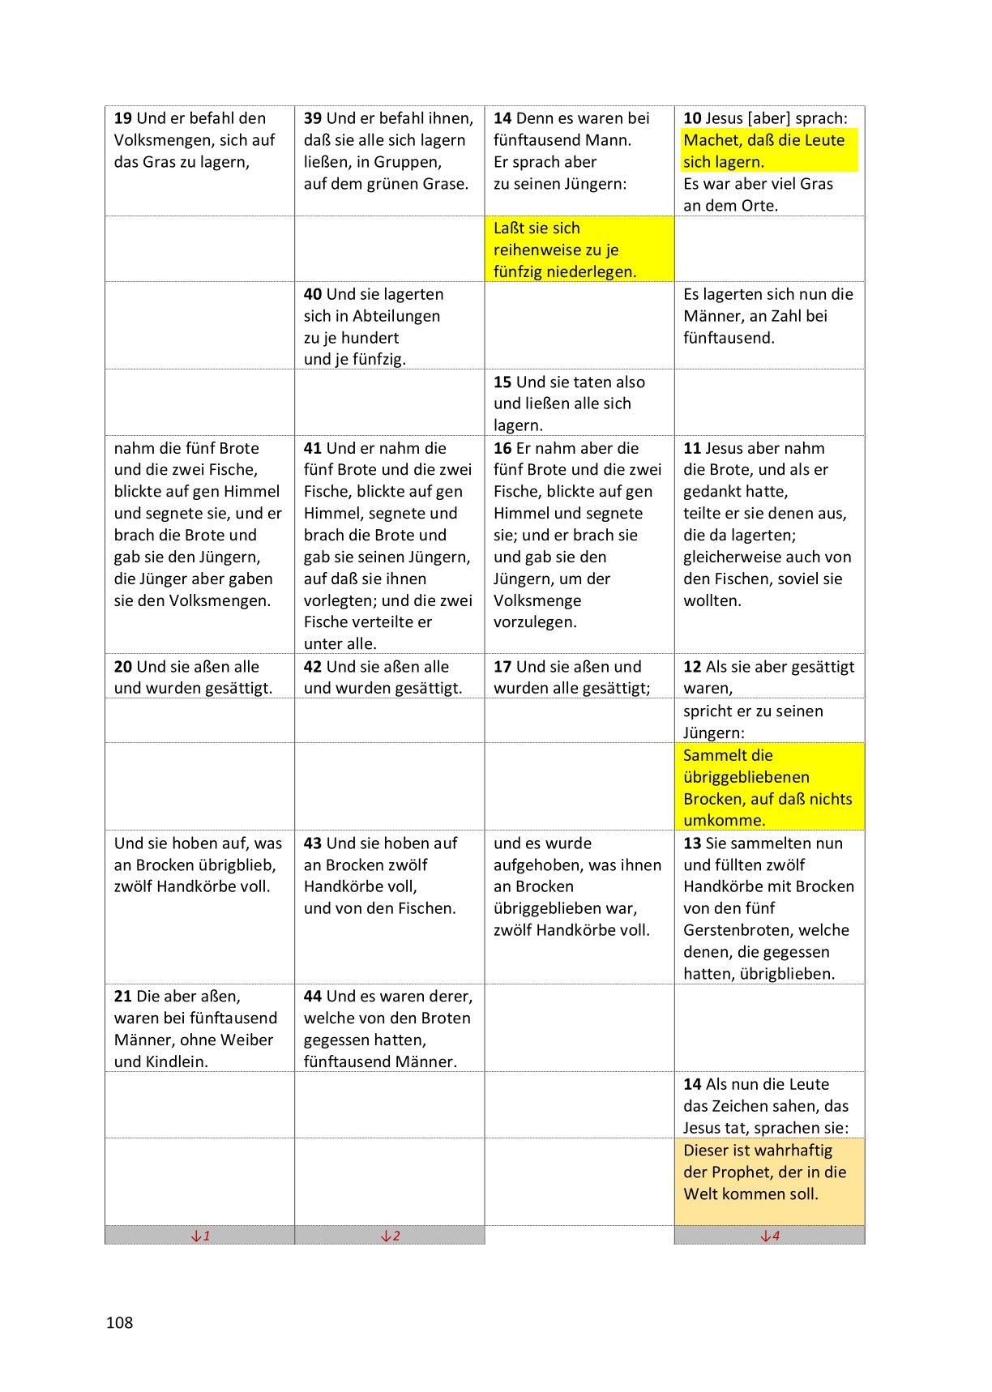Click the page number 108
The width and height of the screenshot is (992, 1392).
coord(119,1322)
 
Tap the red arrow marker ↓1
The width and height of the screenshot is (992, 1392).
coord(200,1236)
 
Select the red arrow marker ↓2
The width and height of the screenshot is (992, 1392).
coord(390,1236)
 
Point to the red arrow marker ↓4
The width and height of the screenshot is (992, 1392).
coord(769,1236)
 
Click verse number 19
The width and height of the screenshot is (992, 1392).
coord(122,118)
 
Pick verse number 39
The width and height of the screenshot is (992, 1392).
coord(313,118)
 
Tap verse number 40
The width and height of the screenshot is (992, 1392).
coord(313,294)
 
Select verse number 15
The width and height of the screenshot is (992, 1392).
coord(502,382)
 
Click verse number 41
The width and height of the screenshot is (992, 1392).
coord(313,448)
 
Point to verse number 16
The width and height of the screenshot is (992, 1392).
coord(502,448)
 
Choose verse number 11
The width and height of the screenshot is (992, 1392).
coord(692,448)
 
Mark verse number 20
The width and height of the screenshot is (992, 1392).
coord(122,667)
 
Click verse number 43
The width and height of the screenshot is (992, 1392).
coord(313,843)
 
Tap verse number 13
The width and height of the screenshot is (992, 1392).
coord(692,843)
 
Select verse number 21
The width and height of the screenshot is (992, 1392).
coord(122,997)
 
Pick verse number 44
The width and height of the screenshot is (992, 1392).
coord(313,997)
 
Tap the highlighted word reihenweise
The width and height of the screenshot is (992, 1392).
coord(543,250)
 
